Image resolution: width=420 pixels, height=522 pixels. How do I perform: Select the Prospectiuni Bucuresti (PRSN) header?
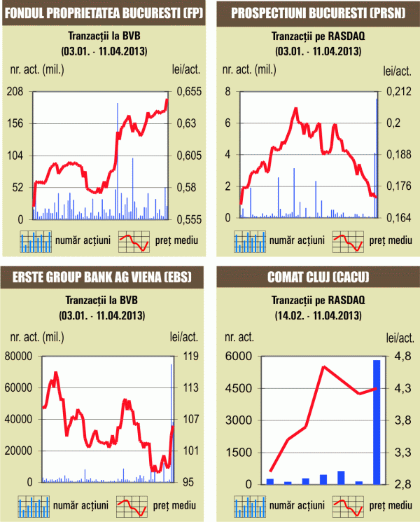(x=312, y=13)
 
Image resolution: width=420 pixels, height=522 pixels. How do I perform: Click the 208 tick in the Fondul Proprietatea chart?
(x=15, y=92)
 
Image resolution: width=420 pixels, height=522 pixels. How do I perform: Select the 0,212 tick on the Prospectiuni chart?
(x=395, y=92)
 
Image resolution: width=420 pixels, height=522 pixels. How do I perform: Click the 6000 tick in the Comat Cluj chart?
(x=238, y=356)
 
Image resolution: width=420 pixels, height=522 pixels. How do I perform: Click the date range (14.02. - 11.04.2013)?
(x=312, y=316)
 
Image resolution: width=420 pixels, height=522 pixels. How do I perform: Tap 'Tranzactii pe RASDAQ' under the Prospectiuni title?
(x=312, y=36)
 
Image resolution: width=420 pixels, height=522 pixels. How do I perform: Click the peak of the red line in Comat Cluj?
(x=323, y=366)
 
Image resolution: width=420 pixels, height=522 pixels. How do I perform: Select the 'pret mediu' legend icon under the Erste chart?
(x=134, y=504)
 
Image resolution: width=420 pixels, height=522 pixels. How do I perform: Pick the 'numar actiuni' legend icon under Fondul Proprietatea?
(x=36, y=241)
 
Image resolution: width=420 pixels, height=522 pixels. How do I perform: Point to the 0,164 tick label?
(x=395, y=219)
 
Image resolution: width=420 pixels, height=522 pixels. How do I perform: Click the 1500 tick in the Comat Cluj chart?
(x=238, y=452)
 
